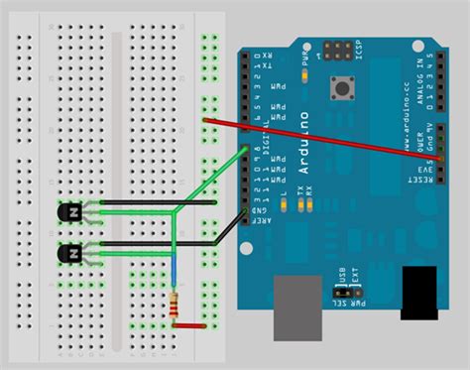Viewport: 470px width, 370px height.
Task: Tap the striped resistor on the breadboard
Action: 176,308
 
